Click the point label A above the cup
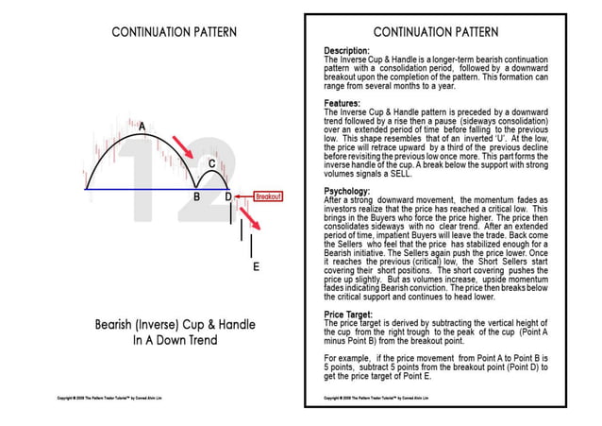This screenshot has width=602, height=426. (142, 125)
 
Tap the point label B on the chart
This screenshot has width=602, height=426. (196, 197)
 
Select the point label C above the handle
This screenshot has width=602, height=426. (212, 163)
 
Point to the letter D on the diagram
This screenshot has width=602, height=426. (228, 197)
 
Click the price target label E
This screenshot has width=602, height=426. (256, 266)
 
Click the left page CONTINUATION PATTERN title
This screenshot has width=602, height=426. (168, 31)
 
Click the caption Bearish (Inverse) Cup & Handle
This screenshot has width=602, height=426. (169, 324)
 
